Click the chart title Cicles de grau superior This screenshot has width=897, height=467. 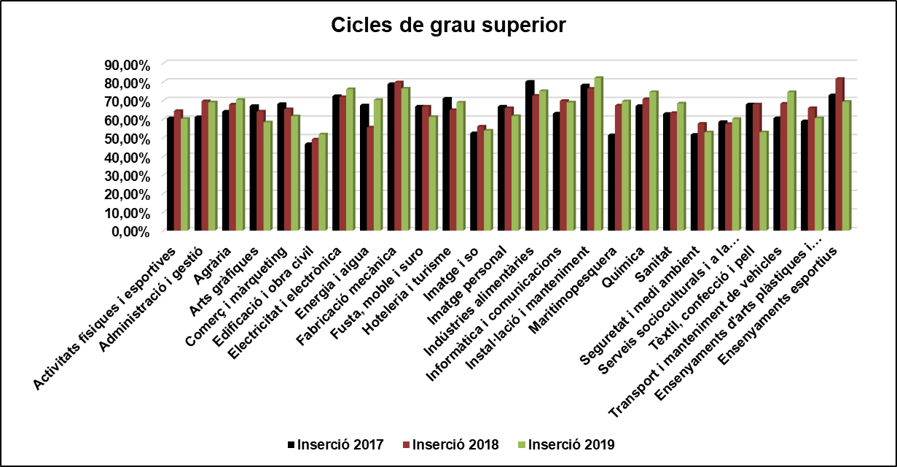tap(448, 25)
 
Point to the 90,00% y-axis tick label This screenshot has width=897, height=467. tap(128, 65)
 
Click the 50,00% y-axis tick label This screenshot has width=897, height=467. tap(128, 139)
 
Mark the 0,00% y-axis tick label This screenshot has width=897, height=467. tap(131, 231)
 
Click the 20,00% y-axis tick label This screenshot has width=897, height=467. tap(128, 194)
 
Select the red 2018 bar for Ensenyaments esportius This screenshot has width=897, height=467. tap(839, 155)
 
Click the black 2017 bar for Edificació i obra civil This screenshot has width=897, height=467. tap(308, 188)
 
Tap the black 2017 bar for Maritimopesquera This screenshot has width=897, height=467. tap(611, 183)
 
